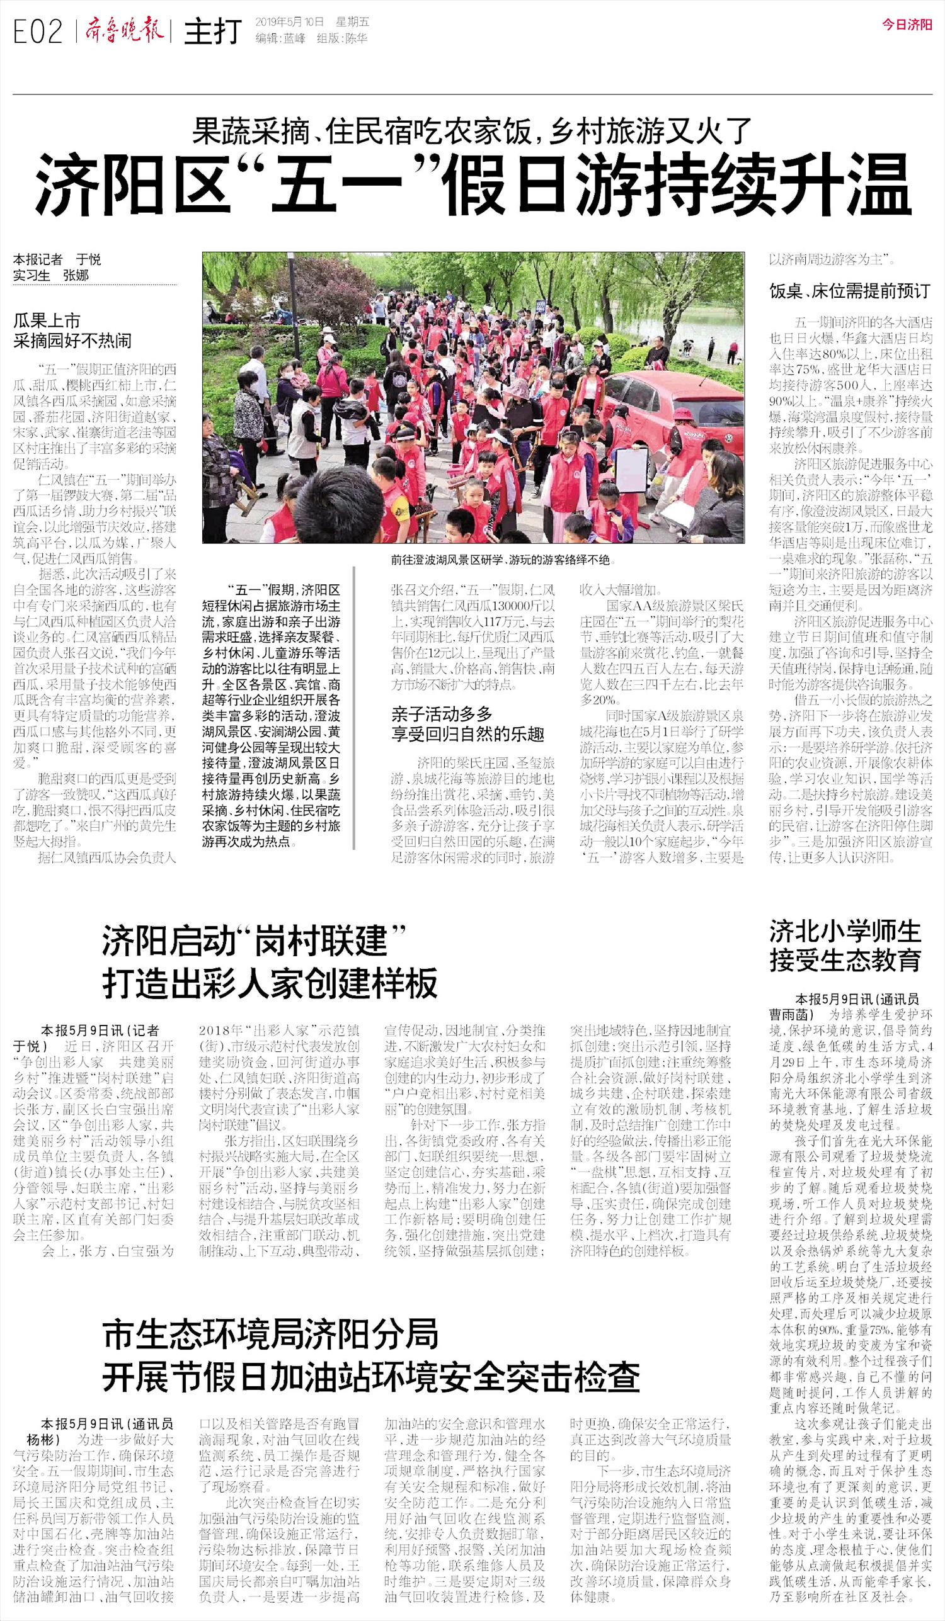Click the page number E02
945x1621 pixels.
tap(38, 31)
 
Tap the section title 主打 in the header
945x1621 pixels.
tap(212, 32)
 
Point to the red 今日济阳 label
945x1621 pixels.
tap(907, 25)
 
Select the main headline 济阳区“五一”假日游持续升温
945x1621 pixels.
tap(472, 185)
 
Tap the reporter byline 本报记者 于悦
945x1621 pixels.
tap(57, 260)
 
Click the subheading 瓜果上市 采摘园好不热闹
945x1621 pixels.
tap(72, 330)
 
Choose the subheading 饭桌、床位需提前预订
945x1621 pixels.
tap(850, 291)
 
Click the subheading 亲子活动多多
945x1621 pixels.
tap(442, 713)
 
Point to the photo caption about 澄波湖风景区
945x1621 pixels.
tap(500, 560)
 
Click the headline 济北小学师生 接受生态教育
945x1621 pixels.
tap(845, 945)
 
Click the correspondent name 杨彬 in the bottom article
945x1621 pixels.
tap(43, 1439)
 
